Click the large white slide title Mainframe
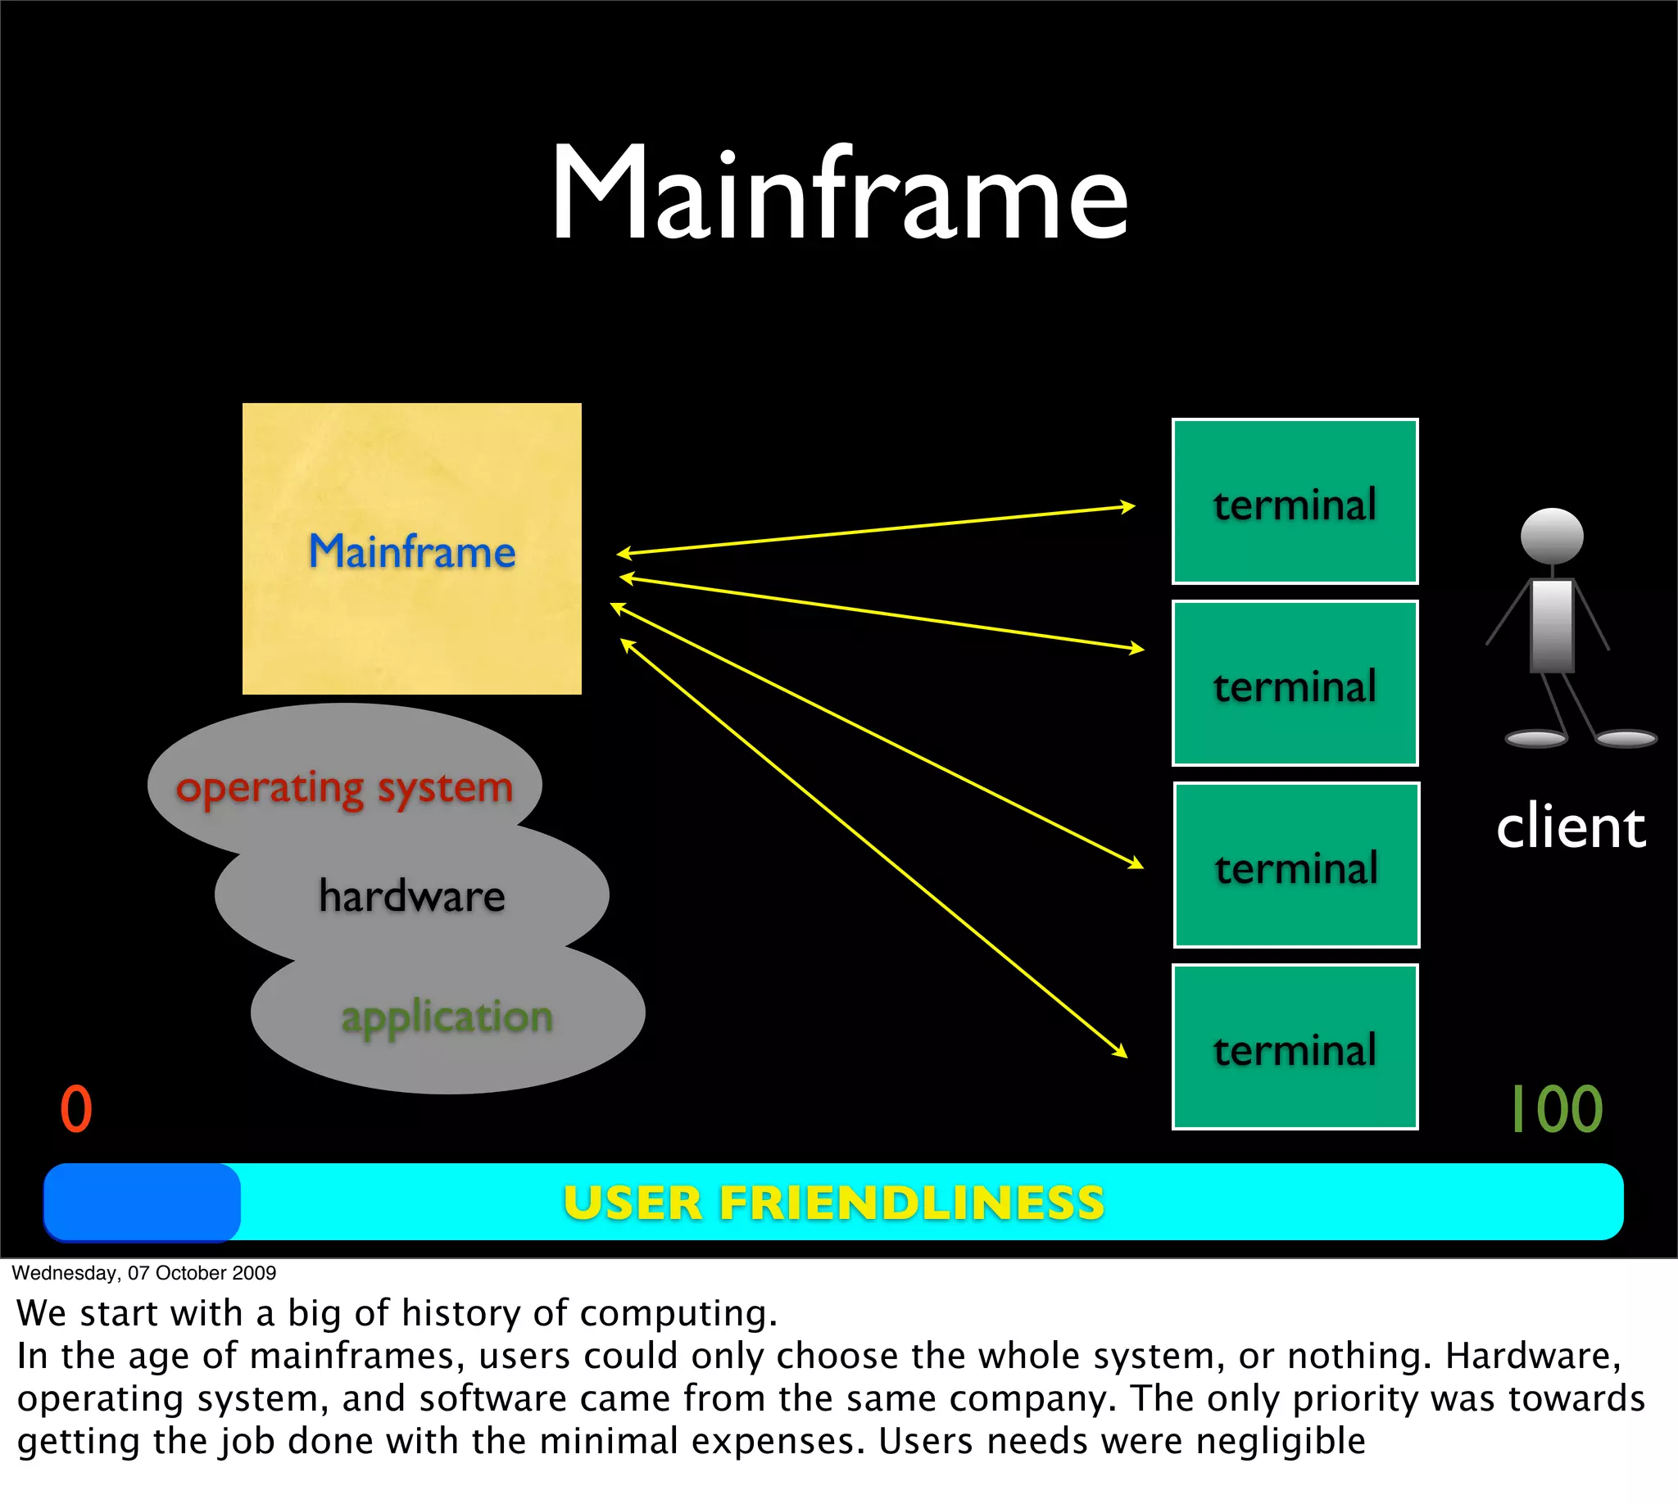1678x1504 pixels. pyautogui.click(x=839, y=194)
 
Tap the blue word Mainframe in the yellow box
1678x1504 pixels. pyautogui.click(x=411, y=551)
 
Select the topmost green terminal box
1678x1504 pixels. pyautogui.click(x=1295, y=501)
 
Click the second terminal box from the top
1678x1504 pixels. pyautogui.click(x=1295, y=683)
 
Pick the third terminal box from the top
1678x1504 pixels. pyautogui.click(x=1296, y=865)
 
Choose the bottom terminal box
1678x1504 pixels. pyautogui.click(x=1295, y=1047)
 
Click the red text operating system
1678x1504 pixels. pyautogui.click(x=344, y=786)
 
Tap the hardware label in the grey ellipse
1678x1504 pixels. pyautogui.click(x=411, y=896)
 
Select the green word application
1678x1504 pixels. pyautogui.click(x=447, y=1016)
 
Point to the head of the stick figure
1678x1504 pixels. pyautogui.click(x=1552, y=536)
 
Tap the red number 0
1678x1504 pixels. pyautogui.click(x=76, y=1109)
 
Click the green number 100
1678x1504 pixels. pyautogui.click(x=1557, y=1109)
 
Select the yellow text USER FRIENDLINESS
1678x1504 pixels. pyautogui.click(x=833, y=1203)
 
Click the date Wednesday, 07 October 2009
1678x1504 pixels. pyautogui.click(x=144, y=1273)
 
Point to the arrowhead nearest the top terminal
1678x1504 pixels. pyautogui.click(x=1129, y=506)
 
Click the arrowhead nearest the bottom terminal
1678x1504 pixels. pyautogui.click(x=1122, y=1053)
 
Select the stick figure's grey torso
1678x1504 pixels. pyautogui.click(x=1552, y=624)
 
